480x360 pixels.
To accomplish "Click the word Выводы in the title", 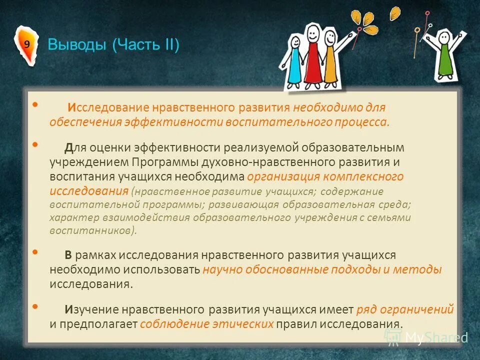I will (77, 45).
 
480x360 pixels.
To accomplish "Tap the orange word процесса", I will (363, 122).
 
